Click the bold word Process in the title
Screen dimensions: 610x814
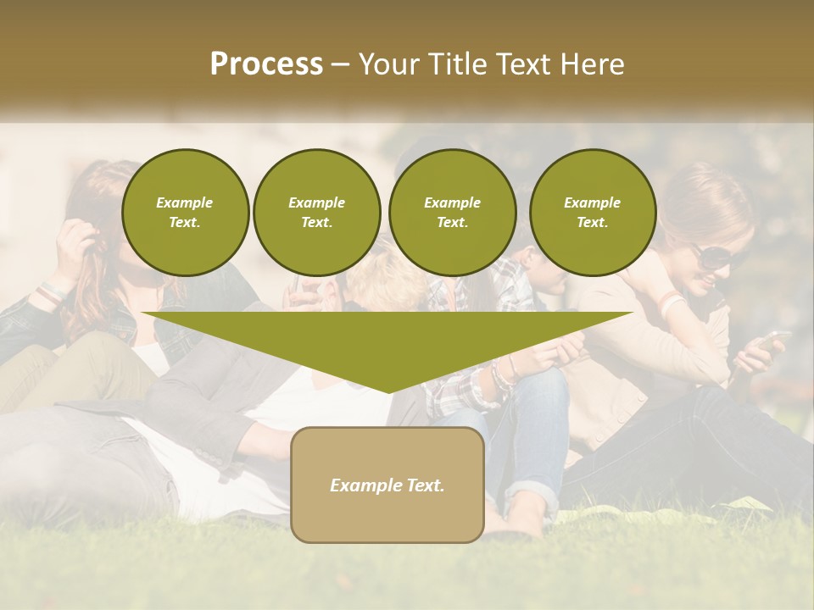266,64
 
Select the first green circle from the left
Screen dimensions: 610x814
185,213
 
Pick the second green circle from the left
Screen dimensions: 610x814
316,213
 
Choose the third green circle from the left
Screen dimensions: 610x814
452,213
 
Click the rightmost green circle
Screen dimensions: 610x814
592,213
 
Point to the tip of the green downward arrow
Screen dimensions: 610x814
388,391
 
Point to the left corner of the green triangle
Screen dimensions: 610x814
145,313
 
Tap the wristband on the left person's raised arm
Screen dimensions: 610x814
51,292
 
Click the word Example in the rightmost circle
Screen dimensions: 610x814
592,203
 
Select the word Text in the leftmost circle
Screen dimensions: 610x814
184,223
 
